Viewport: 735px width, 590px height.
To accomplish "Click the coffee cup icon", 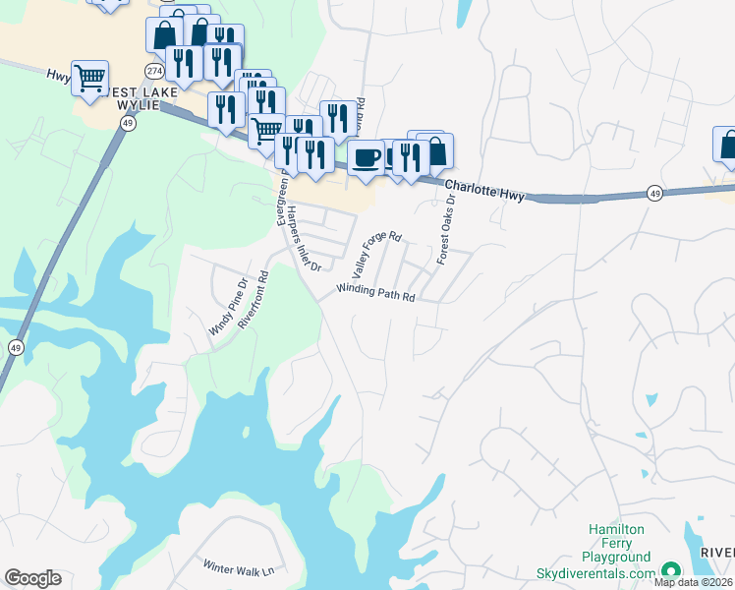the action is click(x=367, y=157).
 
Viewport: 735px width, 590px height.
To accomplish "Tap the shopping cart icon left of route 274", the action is click(x=89, y=77).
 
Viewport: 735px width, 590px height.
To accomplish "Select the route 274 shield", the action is click(x=153, y=71).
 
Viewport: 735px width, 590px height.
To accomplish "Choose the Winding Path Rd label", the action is click(x=376, y=292).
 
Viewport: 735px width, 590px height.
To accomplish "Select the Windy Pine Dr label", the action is click(x=226, y=311).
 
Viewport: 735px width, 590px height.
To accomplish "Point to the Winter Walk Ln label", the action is click(x=238, y=567).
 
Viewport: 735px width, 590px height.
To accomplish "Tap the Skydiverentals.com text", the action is click(x=595, y=573).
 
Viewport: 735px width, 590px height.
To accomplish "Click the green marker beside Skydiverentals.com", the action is click(x=671, y=570).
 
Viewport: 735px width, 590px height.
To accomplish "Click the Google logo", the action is click(x=32, y=578).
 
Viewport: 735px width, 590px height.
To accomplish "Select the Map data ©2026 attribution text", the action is click(x=694, y=582).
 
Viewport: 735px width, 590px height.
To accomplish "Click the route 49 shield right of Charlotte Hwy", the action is click(x=654, y=194).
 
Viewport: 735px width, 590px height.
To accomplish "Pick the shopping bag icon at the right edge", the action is click(x=726, y=144).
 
